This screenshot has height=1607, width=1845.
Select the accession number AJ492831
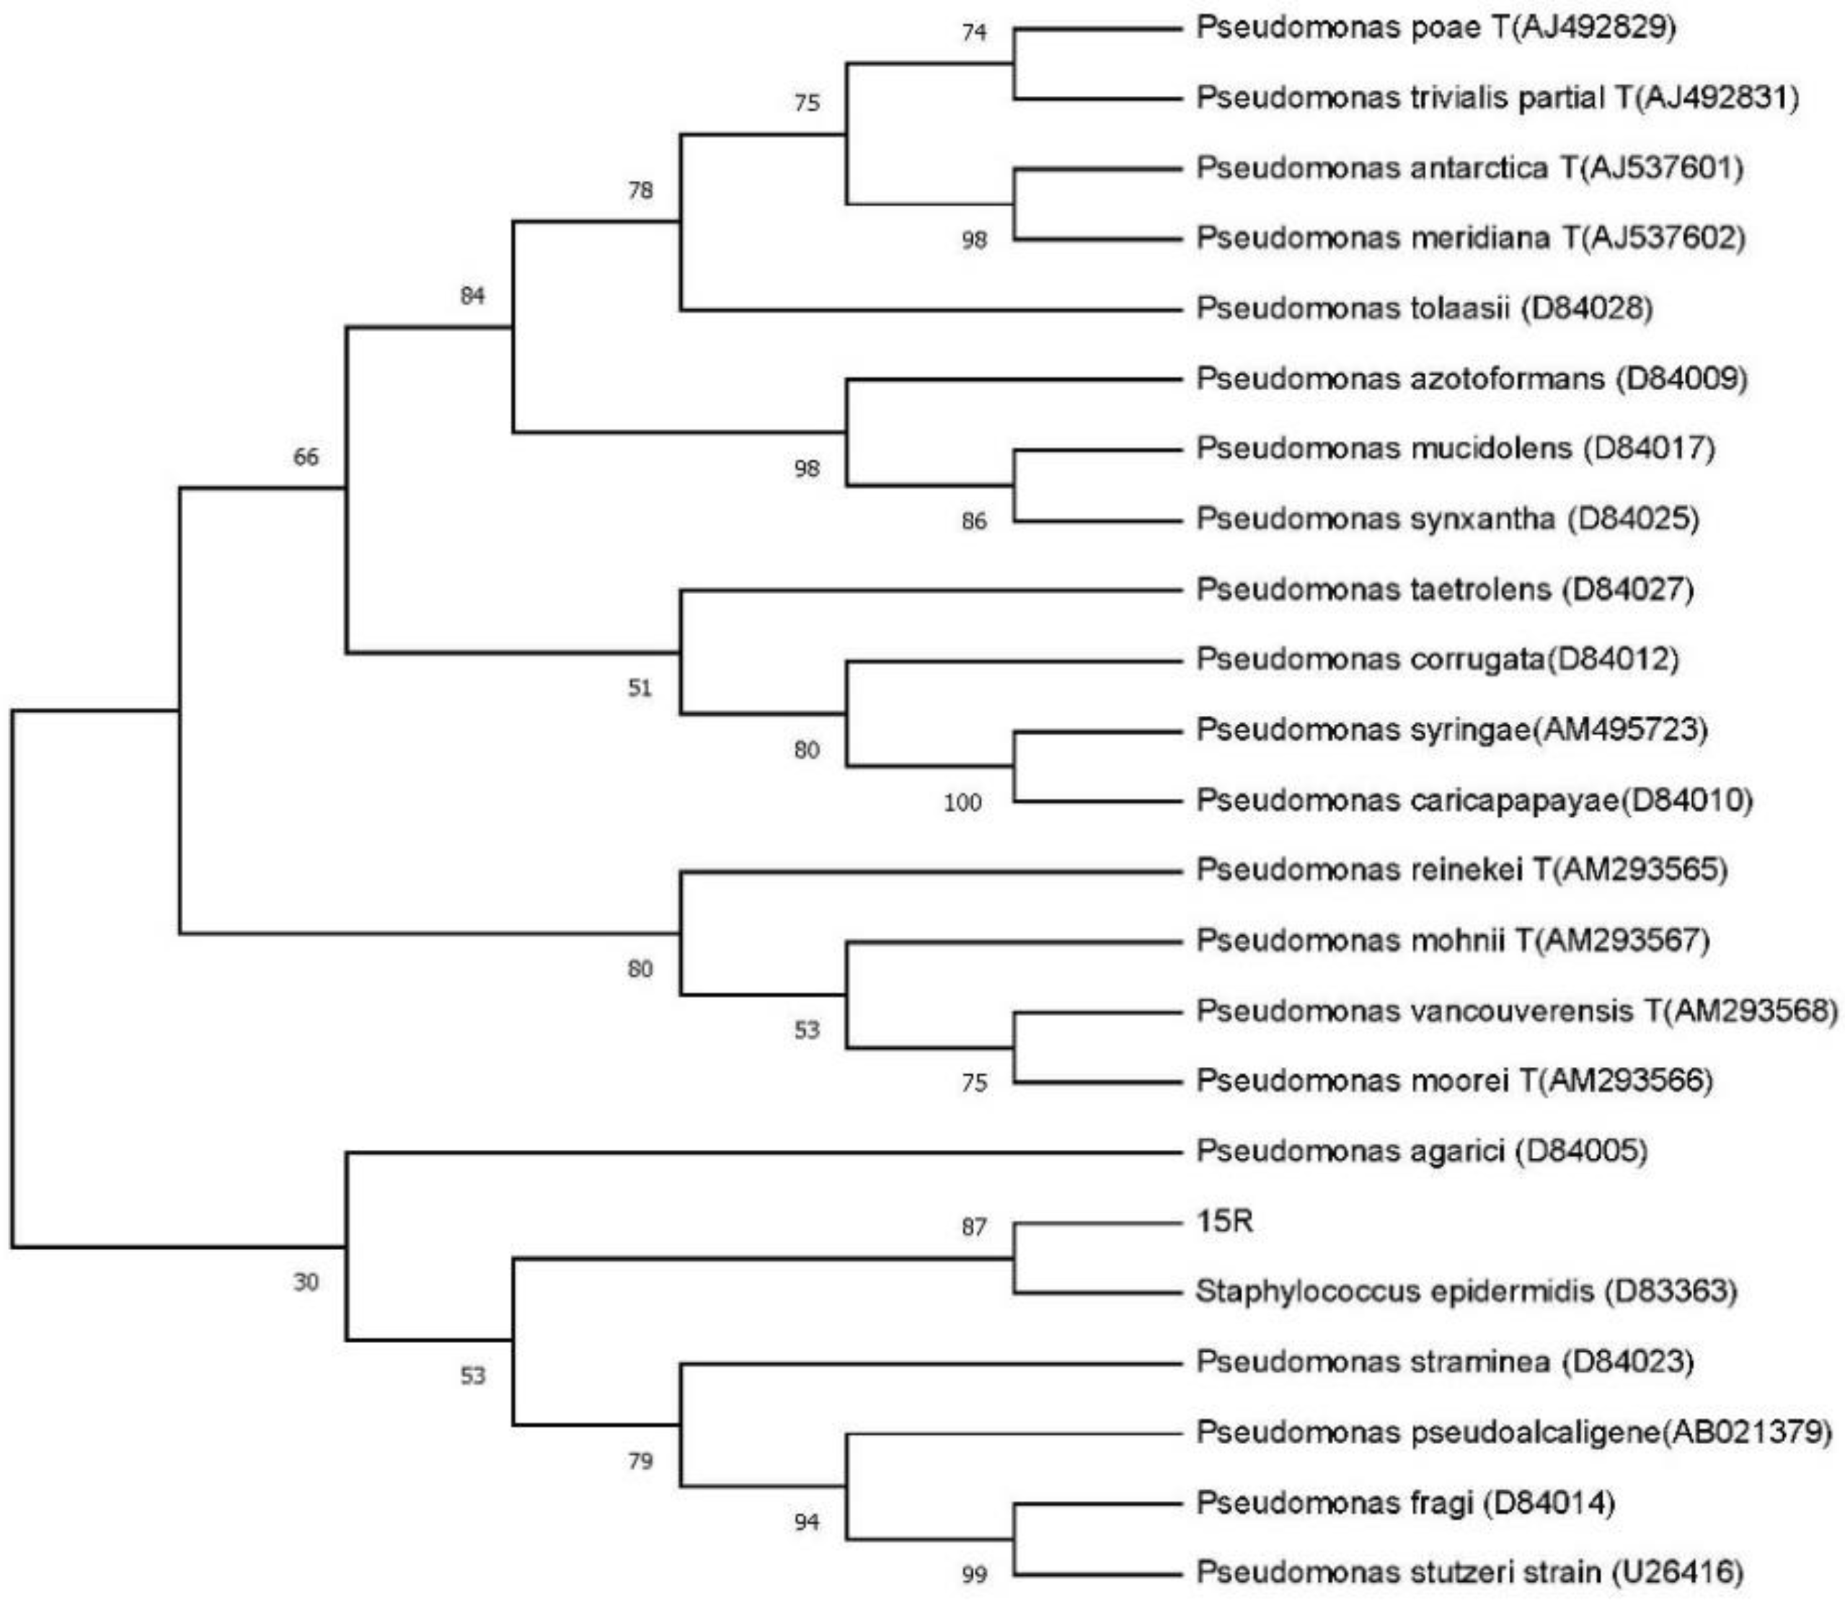[x=1717, y=98]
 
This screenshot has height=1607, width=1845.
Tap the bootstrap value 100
[x=963, y=802]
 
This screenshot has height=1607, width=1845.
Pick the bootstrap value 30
[x=306, y=1283]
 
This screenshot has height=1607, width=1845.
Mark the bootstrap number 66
[x=306, y=457]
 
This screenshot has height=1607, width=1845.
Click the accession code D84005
[x=1582, y=1151]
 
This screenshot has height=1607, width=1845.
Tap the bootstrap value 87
[x=974, y=1227]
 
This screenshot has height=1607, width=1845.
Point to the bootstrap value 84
[x=473, y=295]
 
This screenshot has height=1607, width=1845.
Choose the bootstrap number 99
[x=974, y=1575]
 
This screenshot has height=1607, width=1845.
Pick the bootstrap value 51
[x=640, y=689]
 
